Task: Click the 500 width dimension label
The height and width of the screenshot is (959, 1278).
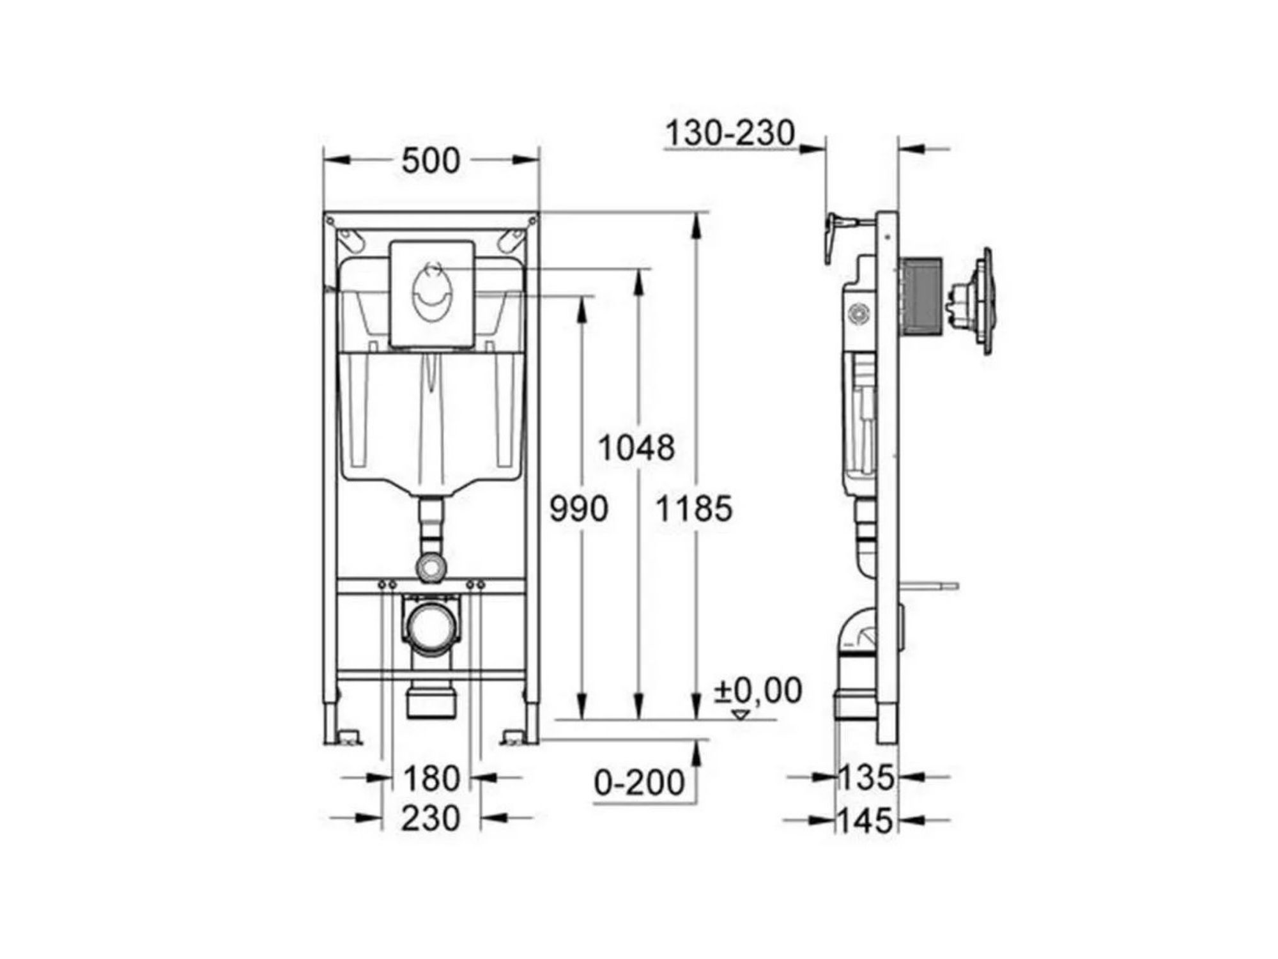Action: click(x=431, y=160)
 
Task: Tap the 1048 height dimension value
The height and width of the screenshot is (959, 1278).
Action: click(x=636, y=448)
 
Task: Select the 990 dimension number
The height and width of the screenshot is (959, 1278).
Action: click(x=579, y=510)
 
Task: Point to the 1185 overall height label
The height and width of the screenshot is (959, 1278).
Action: click(x=694, y=510)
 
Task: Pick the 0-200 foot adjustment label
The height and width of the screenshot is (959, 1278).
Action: click(x=639, y=782)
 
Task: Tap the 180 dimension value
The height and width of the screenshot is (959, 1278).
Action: click(x=431, y=778)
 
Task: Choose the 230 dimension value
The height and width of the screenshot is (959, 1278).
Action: click(x=431, y=818)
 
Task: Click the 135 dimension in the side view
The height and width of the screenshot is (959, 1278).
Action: click(x=866, y=778)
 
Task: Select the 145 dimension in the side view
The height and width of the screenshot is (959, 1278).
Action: click(x=866, y=820)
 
